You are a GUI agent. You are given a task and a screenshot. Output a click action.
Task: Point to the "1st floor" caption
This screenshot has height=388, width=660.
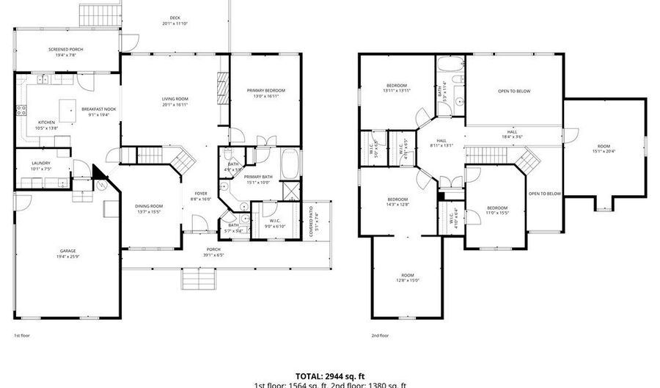point(21,335)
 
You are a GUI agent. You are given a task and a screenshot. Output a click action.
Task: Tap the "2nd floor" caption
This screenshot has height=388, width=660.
point(380,335)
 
